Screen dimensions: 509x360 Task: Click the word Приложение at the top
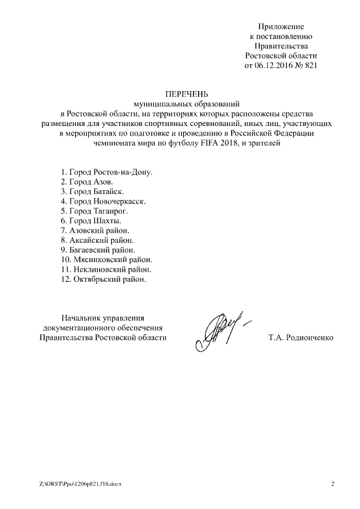pos(281,26)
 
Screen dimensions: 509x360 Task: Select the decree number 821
pos(311,65)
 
